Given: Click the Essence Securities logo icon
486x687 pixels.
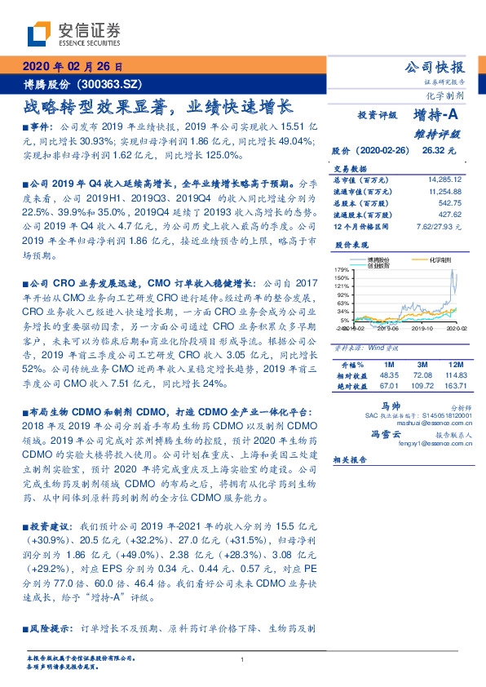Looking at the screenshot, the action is point(40,34).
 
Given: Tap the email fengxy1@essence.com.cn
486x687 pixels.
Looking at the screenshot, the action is point(434,444).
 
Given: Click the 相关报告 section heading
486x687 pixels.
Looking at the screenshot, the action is point(351,459).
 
